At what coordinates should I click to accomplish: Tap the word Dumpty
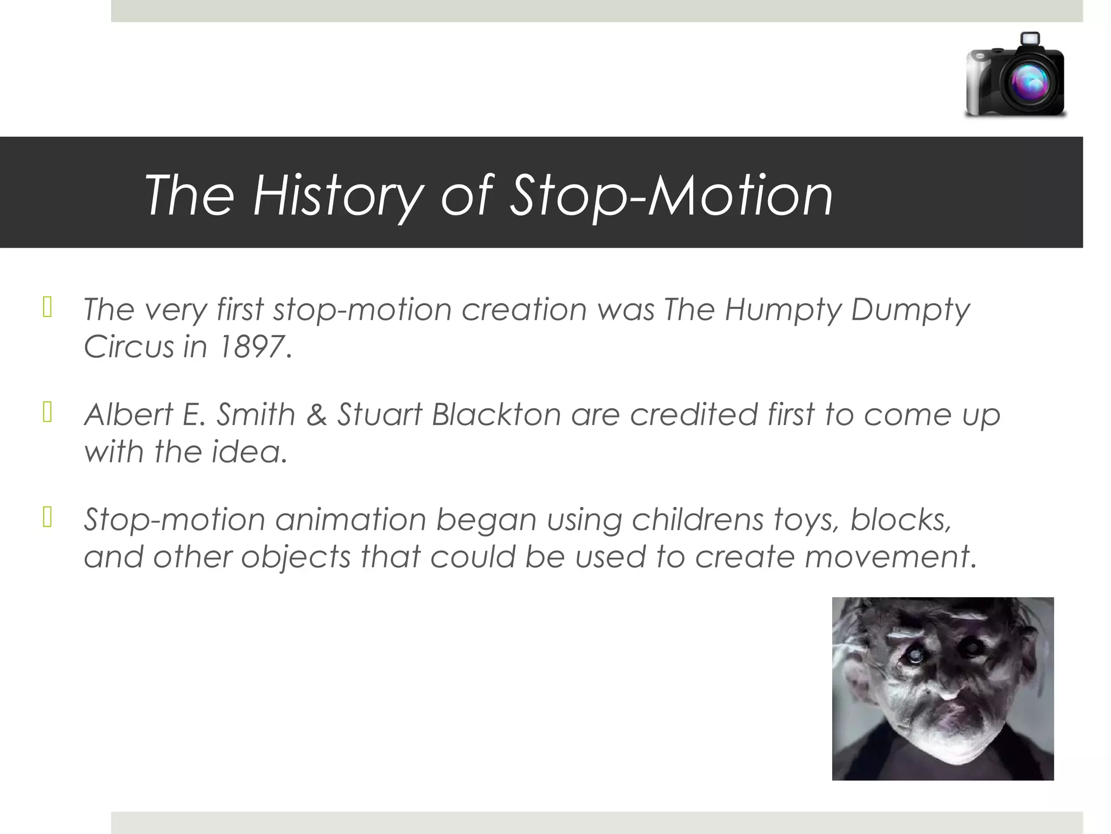(910, 309)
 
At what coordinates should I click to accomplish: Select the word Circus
(129, 346)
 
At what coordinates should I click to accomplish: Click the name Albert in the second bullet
(128, 414)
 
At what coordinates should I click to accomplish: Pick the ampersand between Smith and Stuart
(317, 414)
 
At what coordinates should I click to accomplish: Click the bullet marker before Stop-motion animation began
(47, 517)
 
